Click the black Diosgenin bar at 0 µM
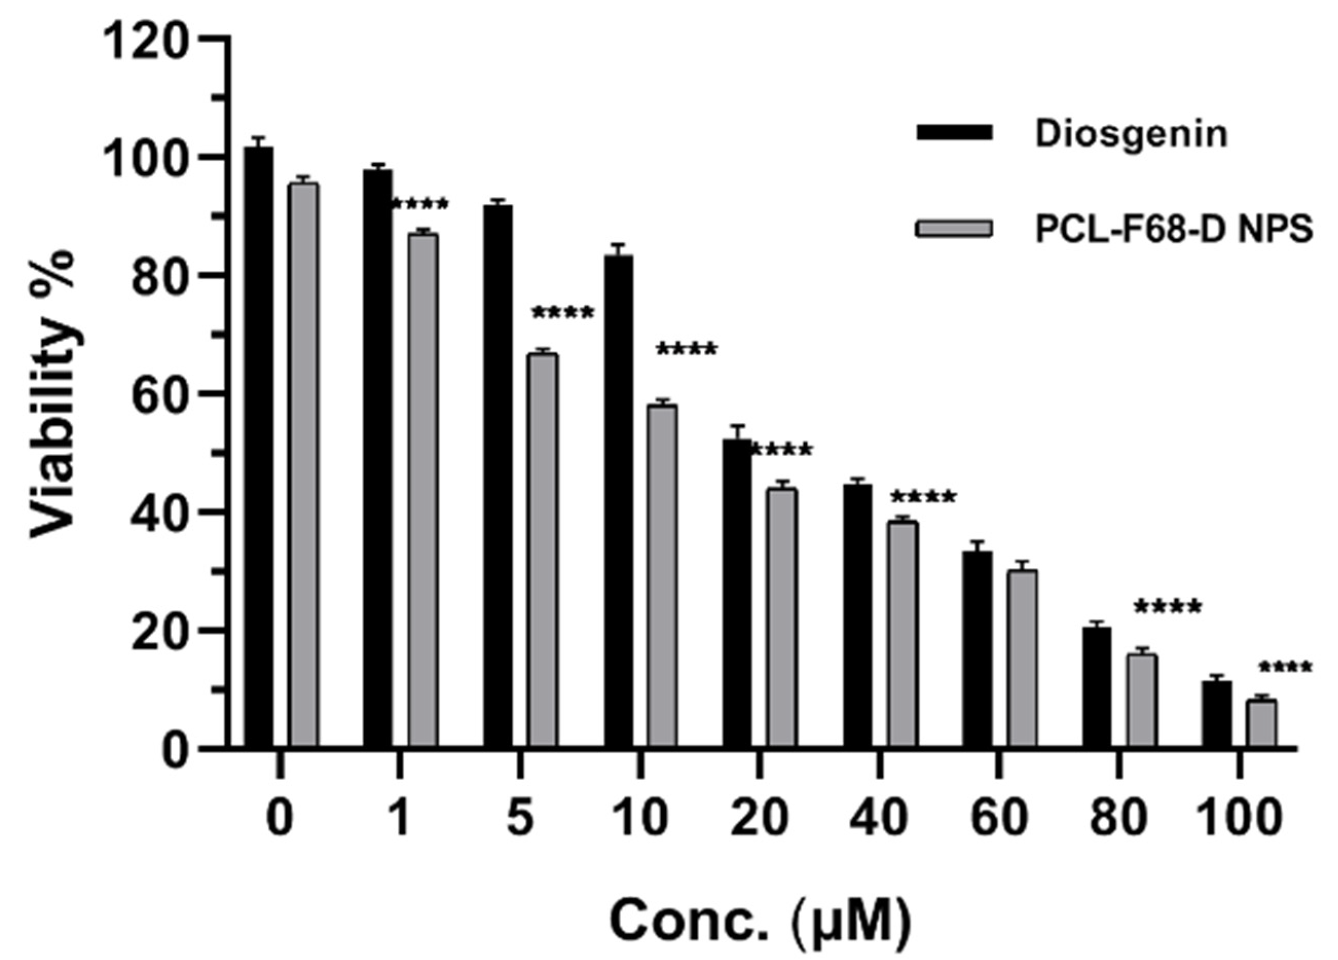(x=258, y=449)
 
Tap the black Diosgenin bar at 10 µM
(x=618, y=502)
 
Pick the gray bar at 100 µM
(x=1262, y=724)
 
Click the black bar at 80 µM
(x=1097, y=688)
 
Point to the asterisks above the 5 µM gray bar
(x=563, y=313)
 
